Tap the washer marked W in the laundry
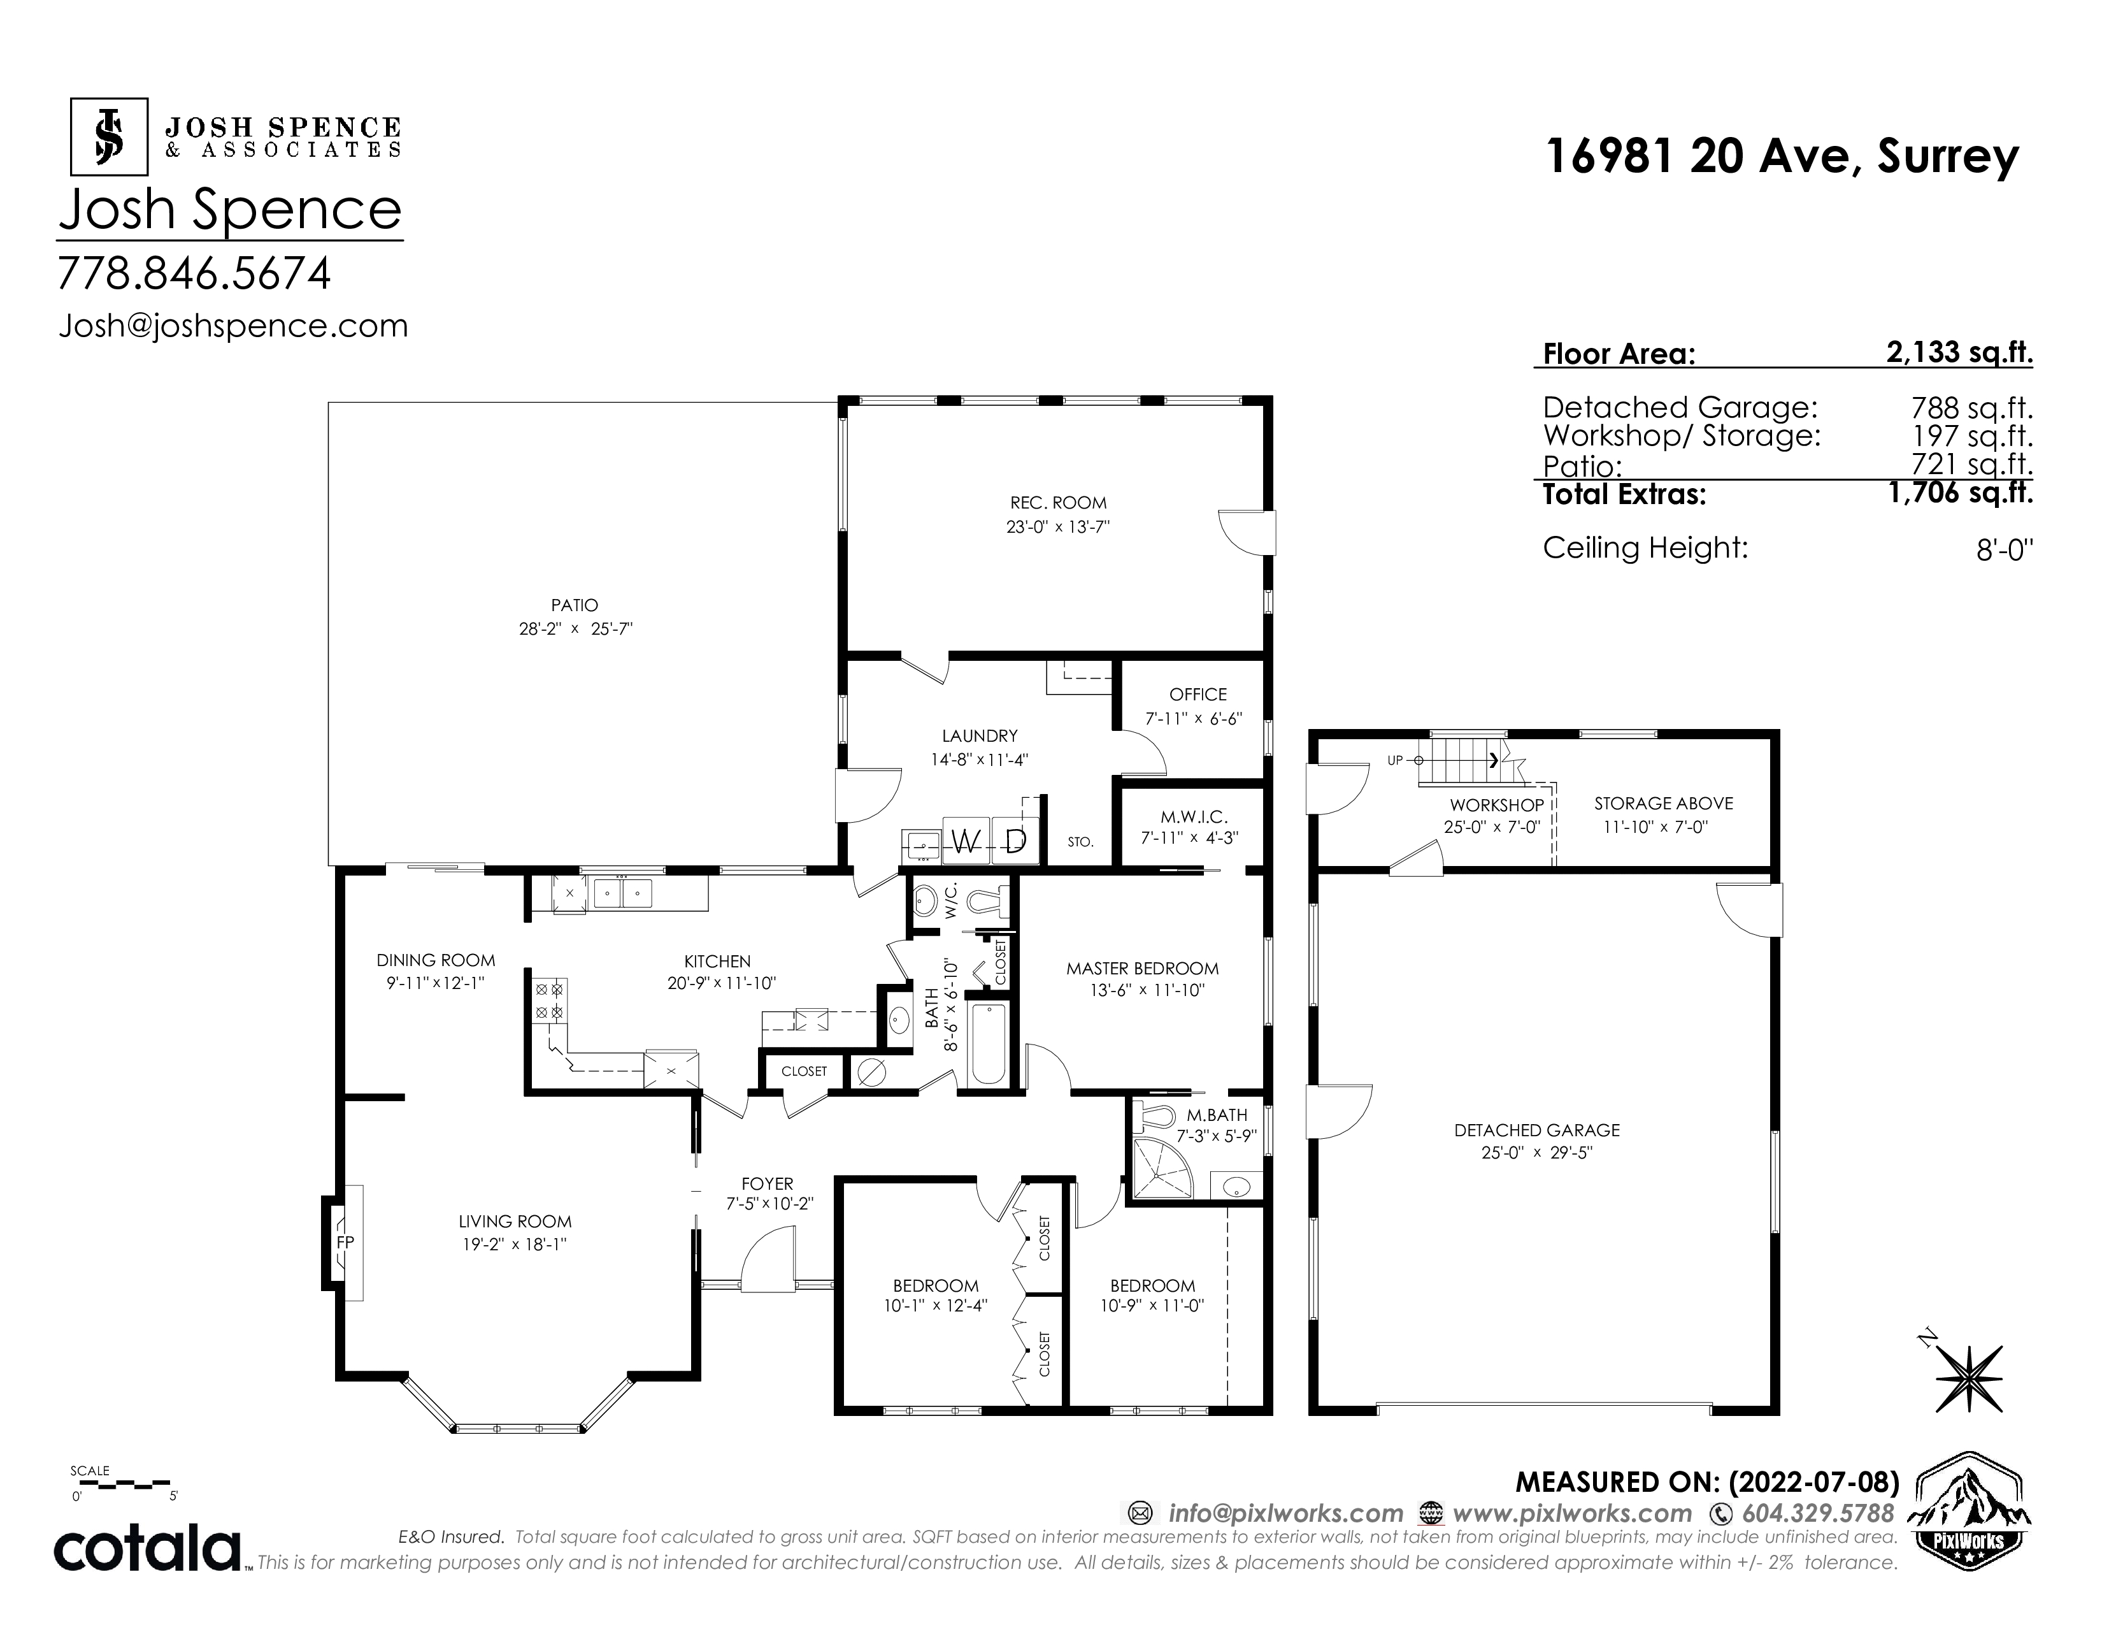pos(968,842)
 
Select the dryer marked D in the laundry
pos(1015,842)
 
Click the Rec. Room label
pos(1058,503)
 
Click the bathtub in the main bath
pos(989,1044)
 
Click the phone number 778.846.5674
pos(194,273)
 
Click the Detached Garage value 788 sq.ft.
pos(1972,408)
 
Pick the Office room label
pos(1198,694)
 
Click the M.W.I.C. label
pos(1194,818)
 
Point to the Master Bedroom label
pos(1143,969)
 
